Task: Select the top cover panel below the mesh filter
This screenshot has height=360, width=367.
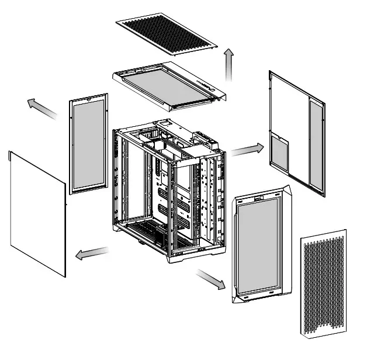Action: tap(167, 85)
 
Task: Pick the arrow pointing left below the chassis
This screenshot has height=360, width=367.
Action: tap(92, 253)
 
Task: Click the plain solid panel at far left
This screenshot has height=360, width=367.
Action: tap(36, 213)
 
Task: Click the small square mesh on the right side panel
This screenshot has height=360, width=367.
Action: tap(280, 154)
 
